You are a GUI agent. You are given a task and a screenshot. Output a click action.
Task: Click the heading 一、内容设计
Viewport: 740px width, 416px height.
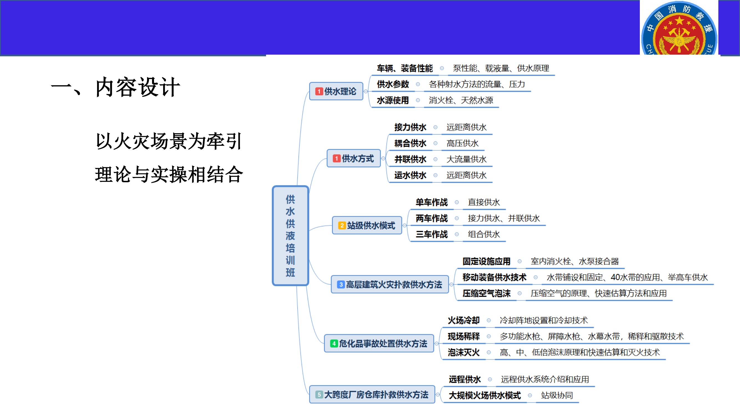115,87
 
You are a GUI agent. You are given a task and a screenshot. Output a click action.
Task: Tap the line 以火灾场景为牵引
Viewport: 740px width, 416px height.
169,141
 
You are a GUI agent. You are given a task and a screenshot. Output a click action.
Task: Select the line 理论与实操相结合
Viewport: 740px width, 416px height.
169,174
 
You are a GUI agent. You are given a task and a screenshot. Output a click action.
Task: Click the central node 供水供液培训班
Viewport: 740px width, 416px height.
290,235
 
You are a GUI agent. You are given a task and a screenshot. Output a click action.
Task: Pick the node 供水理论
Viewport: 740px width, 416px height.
336,91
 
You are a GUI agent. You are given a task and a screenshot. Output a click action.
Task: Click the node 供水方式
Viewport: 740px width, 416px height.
353,158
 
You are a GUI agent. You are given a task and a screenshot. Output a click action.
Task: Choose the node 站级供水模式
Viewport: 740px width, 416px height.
367,225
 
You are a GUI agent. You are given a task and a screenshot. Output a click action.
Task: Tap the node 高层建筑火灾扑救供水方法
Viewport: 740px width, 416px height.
390,285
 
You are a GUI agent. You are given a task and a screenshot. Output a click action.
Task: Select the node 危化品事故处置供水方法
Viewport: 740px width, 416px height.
379,343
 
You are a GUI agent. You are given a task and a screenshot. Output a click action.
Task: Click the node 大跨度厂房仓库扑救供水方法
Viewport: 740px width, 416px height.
372,394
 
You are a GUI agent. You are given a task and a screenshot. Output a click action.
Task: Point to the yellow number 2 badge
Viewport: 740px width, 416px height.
342,226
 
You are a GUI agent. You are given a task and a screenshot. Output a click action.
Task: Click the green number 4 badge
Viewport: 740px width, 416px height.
334,344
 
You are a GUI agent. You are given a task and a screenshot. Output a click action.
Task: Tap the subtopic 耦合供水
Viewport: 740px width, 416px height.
410,143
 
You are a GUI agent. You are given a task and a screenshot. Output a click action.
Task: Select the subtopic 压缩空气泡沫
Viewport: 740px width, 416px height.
486,293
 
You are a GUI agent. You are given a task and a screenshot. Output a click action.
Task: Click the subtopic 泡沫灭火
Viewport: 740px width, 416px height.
463,352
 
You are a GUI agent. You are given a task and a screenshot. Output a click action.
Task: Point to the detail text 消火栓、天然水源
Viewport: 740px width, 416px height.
461,100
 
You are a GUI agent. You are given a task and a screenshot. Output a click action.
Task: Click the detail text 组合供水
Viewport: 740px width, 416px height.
484,234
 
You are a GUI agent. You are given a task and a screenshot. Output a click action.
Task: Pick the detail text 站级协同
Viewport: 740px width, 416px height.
557,395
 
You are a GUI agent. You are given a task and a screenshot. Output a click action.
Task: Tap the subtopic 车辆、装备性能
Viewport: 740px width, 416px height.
405,68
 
